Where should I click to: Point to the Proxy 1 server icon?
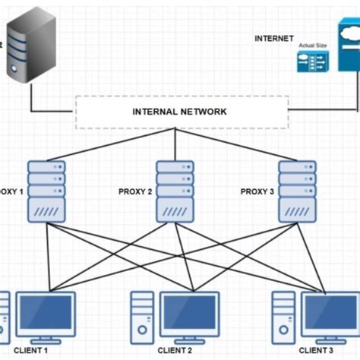(x=46, y=191)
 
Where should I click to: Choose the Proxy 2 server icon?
(x=175, y=191)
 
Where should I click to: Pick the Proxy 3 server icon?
(x=297, y=191)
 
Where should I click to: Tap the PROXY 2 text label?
(x=135, y=192)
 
